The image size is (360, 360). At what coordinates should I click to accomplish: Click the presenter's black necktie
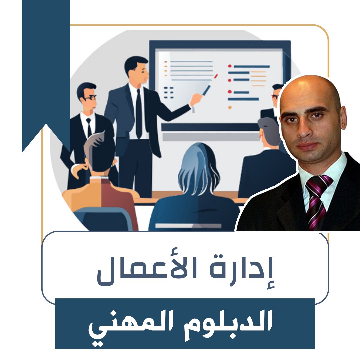139,113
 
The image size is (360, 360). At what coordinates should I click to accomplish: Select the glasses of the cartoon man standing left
90,98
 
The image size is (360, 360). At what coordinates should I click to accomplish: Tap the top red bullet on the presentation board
230,66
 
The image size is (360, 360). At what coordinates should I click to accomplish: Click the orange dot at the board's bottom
230,107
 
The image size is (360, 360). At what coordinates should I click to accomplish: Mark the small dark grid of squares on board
169,92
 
